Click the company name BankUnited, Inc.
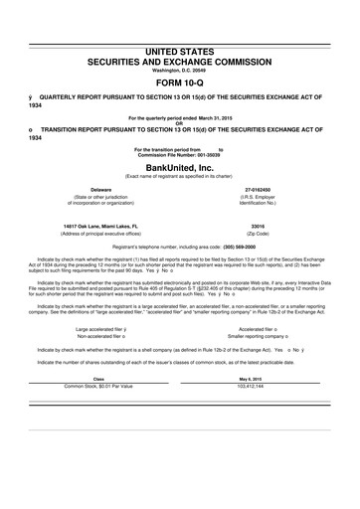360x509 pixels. pos(179,168)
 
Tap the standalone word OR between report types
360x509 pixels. pos(179,123)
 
